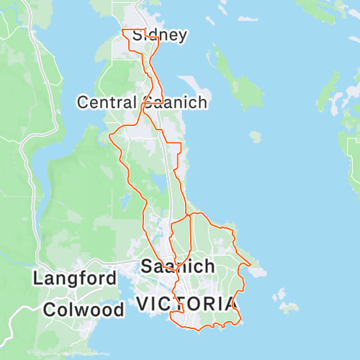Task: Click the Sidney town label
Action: (x=161, y=35)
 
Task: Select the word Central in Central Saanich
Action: (x=107, y=102)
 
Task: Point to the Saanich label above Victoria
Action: (x=178, y=266)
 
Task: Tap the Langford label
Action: (x=74, y=278)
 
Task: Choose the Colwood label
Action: (x=83, y=310)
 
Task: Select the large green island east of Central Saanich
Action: (x=240, y=86)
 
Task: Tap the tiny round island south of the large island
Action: (x=256, y=135)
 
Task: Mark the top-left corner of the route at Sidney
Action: (x=123, y=30)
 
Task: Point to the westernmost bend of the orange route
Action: (x=109, y=135)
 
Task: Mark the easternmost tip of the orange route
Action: (x=251, y=264)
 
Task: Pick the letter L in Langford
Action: (x=37, y=278)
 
